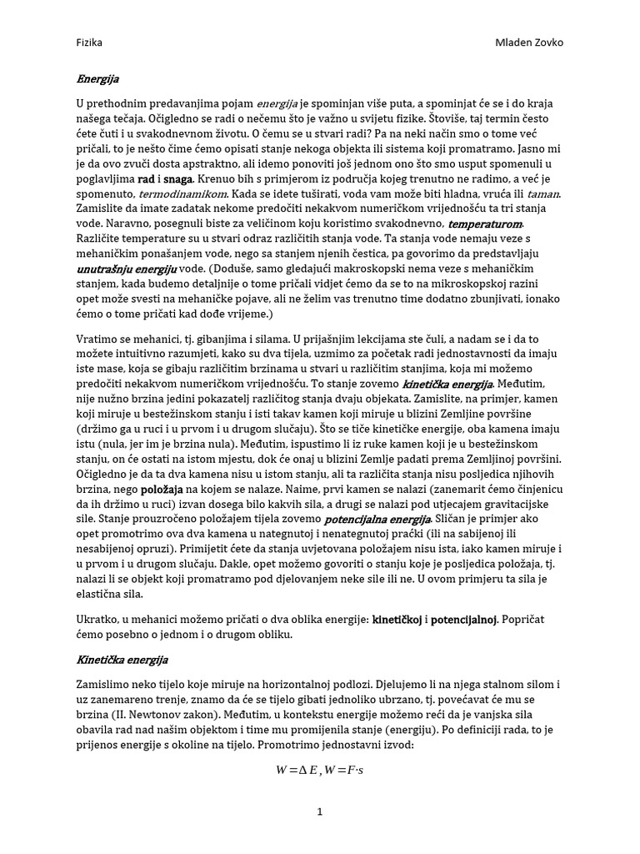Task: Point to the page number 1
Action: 319,811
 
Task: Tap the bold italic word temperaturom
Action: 486,224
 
